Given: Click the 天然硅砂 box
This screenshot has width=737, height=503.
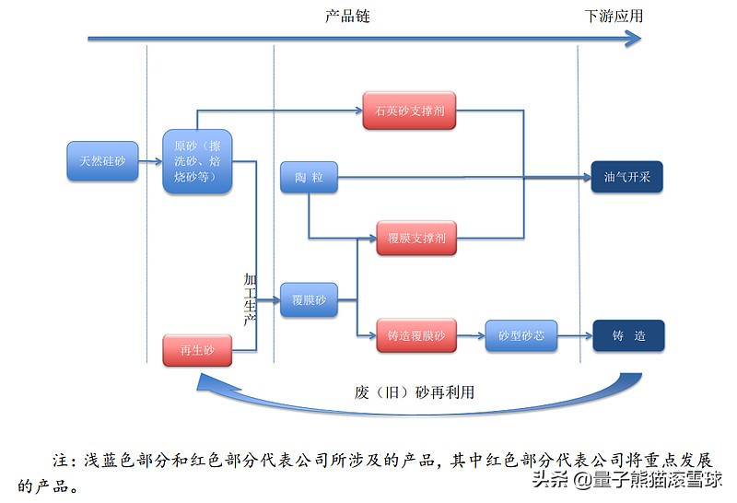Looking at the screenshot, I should (x=102, y=161).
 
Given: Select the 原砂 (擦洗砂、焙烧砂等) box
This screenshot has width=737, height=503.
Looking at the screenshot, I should (x=197, y=161).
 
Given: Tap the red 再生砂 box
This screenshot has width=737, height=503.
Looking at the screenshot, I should (x=196, y=350).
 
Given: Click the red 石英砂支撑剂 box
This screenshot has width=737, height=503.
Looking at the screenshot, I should (x=410, y=111).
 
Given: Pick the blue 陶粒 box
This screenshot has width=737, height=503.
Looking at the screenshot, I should (x=309, y=177).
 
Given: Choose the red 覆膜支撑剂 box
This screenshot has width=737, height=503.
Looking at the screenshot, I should (x=416, y=238).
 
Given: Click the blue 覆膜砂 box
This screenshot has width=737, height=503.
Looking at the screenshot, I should (x=309, y=300).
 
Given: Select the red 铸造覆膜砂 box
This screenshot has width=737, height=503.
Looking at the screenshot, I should (x=416, y=336).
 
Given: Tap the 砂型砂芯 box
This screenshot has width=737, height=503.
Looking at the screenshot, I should (x=521, y=336).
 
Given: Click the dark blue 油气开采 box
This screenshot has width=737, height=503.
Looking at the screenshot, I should (x=626, y=177).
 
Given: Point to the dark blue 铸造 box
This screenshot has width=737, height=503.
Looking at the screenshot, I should (x=627, y=336).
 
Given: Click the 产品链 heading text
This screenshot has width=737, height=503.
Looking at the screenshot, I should (x=347, y=17).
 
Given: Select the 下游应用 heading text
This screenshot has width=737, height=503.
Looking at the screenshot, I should (x=614, y=17).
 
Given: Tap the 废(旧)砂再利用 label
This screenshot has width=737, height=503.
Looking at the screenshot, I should (x=415, y=392).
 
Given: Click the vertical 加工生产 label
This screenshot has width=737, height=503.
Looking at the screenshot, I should (x=250, y=298).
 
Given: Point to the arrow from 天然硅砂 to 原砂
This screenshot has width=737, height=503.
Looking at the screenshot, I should (x=150, y=161).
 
